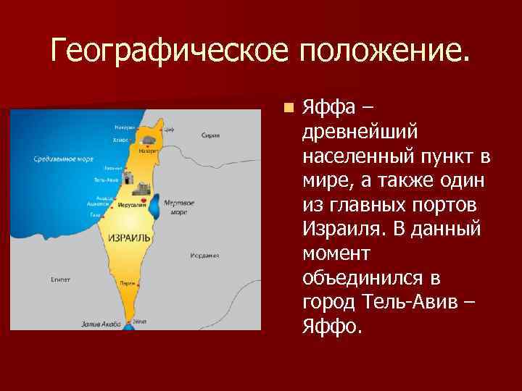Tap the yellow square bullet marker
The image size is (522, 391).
289,108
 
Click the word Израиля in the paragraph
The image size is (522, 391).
340,230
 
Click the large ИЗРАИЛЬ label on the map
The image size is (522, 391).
129,237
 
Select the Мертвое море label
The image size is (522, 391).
178,208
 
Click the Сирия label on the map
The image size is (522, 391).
210,135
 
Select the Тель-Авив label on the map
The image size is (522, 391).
105,180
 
